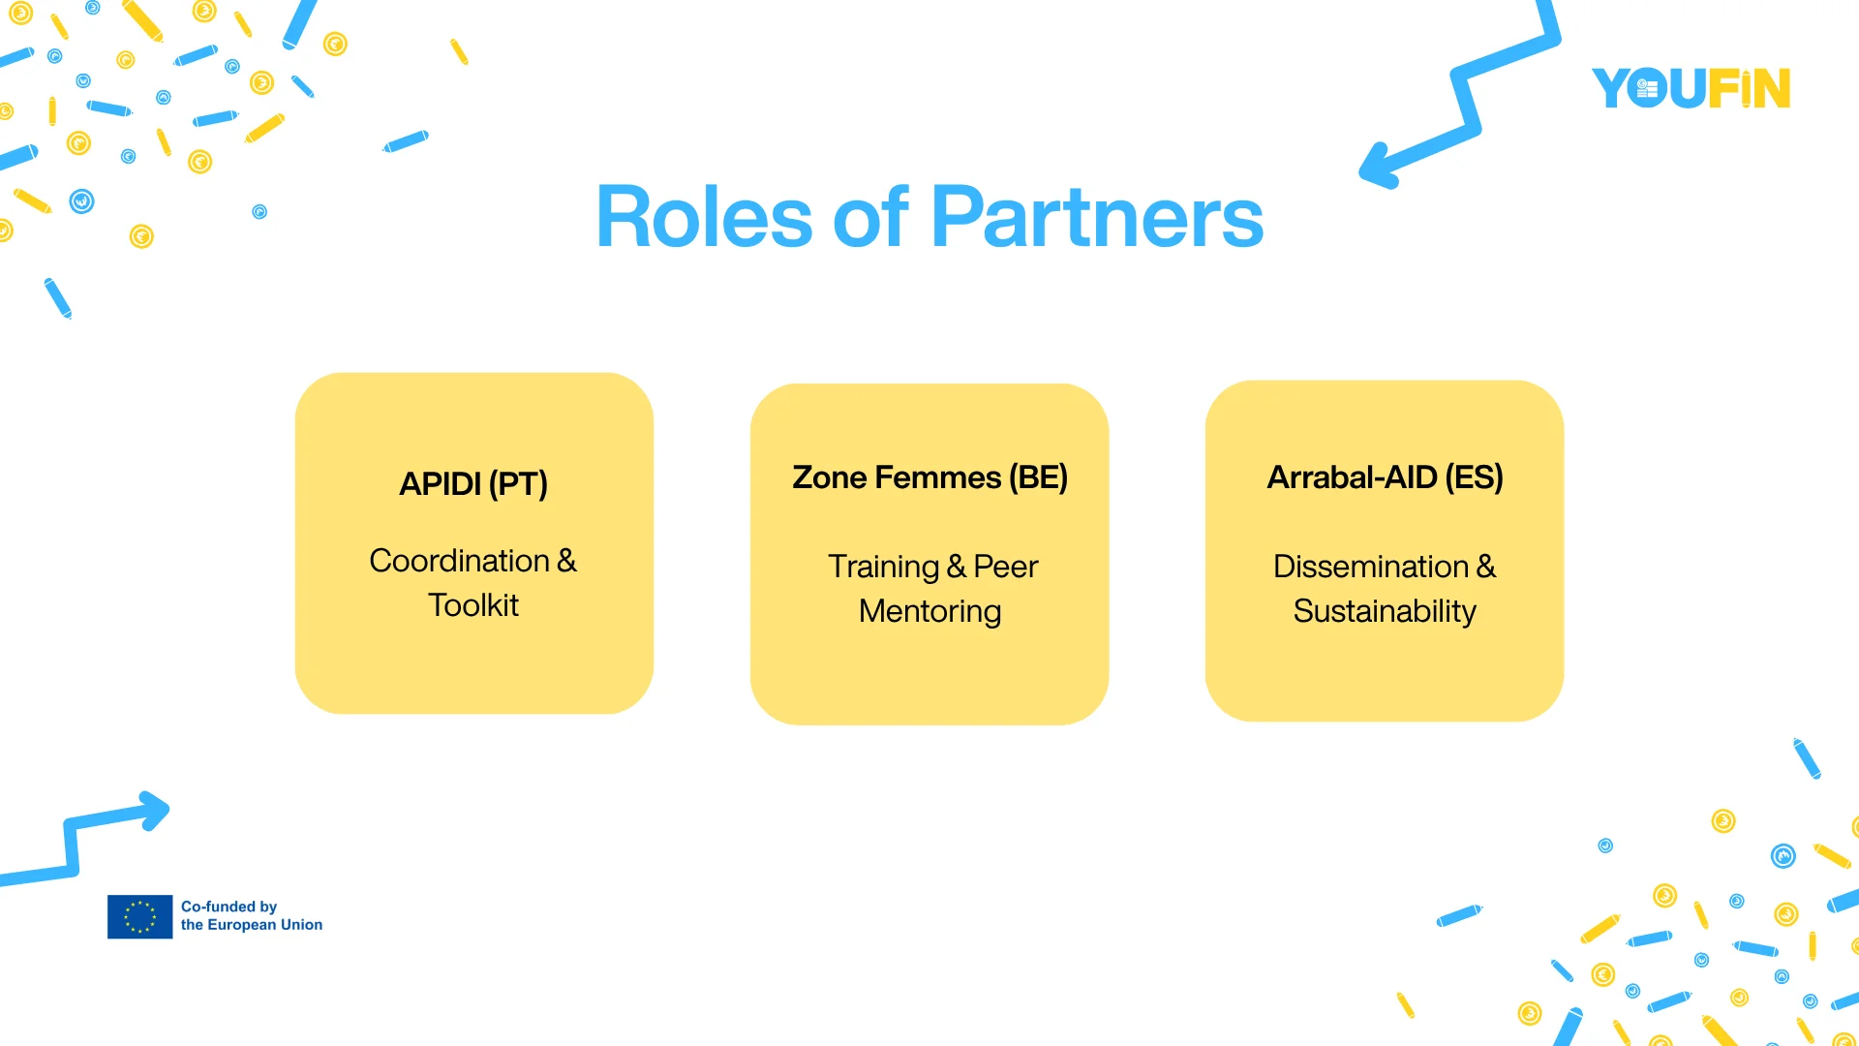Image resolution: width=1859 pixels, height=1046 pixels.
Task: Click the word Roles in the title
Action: click(x=704, y=217)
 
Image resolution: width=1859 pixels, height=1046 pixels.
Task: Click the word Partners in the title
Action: click(x=1097, y=217)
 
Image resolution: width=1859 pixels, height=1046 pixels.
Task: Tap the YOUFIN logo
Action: click(x=1691, y=88)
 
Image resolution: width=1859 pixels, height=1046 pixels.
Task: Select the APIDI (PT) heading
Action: click(x=473, y=483)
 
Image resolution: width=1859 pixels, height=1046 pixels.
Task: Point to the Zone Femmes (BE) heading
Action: click(x=929, y=477)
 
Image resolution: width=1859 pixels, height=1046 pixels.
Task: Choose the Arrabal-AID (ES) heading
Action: click(x=1385, y=477)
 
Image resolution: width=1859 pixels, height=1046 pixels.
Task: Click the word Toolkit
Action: click(x=473, y=605)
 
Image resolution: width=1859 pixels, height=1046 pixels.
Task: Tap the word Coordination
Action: click(x=460, y=561)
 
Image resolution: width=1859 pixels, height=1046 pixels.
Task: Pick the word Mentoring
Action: click(x=929, y=612)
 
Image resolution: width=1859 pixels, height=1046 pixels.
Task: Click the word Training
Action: click(x=884, y=568)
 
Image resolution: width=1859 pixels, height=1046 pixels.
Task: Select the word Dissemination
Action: click(x=1371, y=567)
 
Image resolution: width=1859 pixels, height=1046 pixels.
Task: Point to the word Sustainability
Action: click(x=1385, y=612)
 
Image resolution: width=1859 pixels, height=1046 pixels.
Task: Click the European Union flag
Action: click(x=140, y=916)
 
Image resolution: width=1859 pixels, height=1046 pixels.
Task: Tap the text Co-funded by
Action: click(x=229, y=907)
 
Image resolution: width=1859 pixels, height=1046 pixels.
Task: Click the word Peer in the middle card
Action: click(x=1006, y=567)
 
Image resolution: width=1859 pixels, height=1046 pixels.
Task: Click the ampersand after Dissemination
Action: click(x=1486, y=567)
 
